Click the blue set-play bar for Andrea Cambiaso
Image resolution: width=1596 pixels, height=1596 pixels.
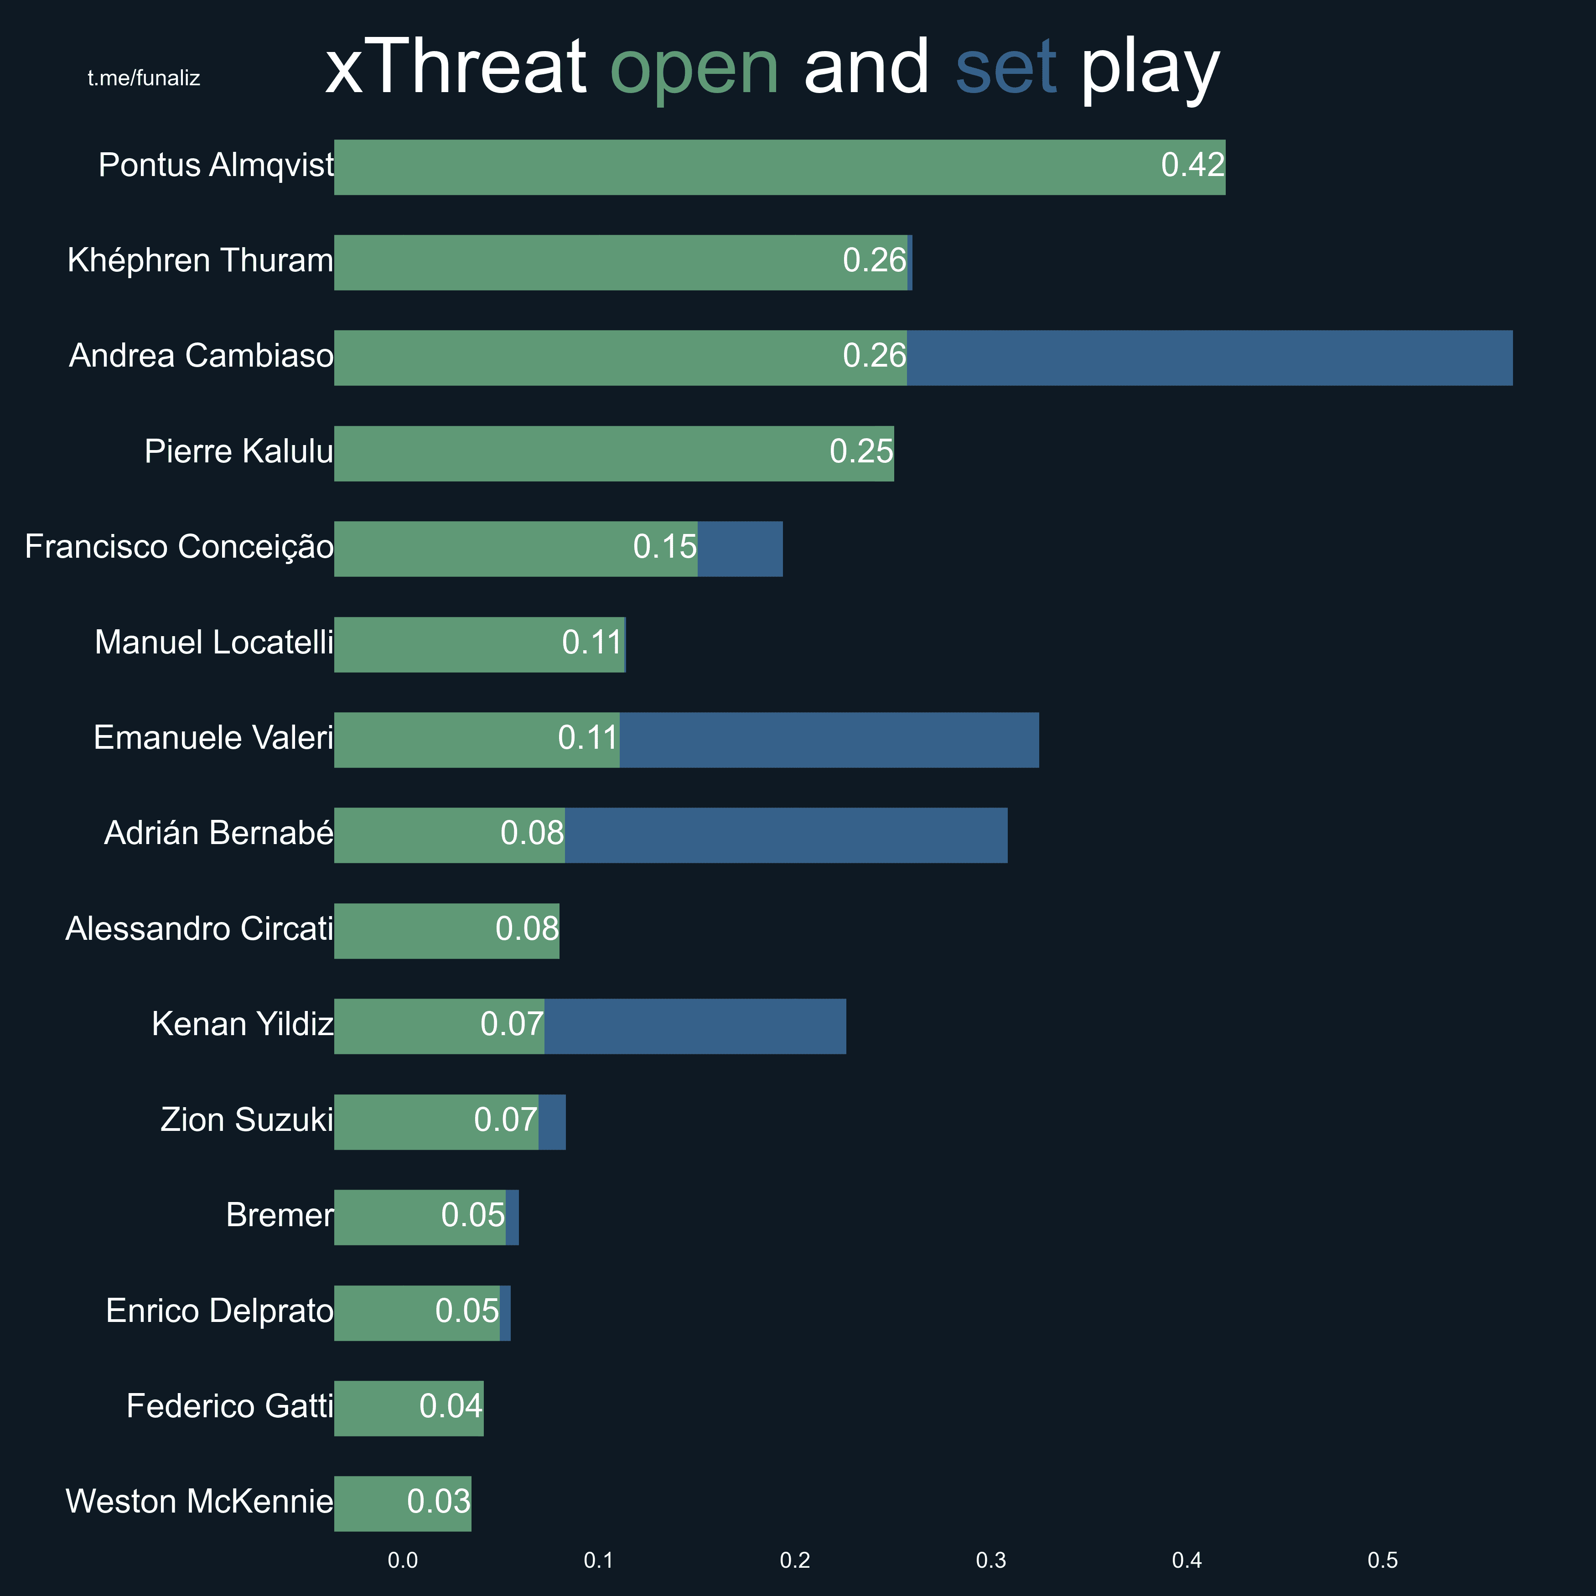coord(1209,358)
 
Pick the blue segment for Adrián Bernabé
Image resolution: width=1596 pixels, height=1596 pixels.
coord(786,835)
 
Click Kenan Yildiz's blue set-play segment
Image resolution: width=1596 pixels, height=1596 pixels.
coord(695,1026)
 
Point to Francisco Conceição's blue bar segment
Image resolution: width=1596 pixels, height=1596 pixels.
coord(739,549)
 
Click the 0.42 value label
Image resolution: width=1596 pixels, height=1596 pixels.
coord(1192,165)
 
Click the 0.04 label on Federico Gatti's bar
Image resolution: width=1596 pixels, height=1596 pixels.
coord(450,1406)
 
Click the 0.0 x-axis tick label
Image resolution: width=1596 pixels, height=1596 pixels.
coord(402,1560)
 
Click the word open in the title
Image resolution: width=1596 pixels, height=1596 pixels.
coord(694,68)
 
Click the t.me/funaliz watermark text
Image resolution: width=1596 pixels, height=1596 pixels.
coord(144,78)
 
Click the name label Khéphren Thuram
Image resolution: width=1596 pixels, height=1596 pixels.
coord(200,260)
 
